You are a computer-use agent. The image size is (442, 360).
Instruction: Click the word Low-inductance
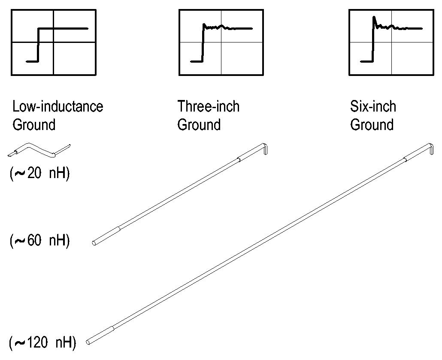58,106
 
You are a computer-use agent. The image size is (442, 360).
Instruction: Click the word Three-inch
209,106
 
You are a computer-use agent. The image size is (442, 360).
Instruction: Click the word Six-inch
373,106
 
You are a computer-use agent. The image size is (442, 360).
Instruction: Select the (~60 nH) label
39,241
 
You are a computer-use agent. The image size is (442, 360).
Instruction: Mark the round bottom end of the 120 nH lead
89,342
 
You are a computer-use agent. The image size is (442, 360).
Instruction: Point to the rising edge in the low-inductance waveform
39,45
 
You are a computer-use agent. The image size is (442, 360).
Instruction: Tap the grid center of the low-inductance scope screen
54,42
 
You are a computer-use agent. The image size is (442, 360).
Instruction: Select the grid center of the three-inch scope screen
221,42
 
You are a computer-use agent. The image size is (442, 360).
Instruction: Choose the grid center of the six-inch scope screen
391,42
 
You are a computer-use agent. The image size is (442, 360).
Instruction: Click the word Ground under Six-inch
372,125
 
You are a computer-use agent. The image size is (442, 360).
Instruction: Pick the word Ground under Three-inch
199,125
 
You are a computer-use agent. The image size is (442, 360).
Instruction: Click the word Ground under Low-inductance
34,125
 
